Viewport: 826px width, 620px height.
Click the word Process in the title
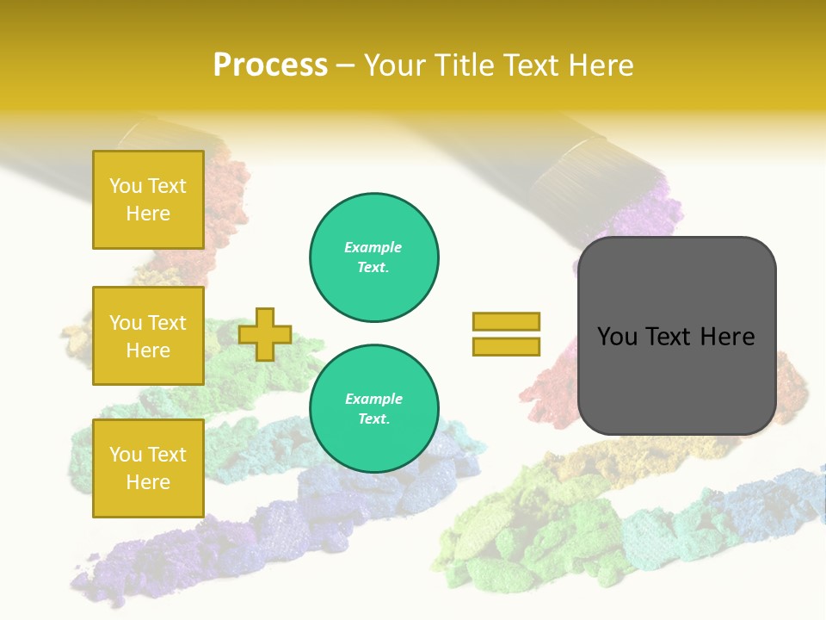pyautogui.click(x=270, y=65)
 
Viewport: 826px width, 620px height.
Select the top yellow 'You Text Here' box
pyautogui.click(x=148, y=200)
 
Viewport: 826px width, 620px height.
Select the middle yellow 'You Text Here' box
pyautogui.click(x=148, y=336)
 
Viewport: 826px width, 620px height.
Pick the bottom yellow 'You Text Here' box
pyautogui.click(x=148, y=468)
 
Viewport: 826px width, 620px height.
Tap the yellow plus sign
pyautogui.click(x=265, y=334)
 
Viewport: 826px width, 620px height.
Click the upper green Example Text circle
pyautogui.click(x=374, y=257)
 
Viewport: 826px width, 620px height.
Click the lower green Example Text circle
pyautogui.click(x=374, y=409)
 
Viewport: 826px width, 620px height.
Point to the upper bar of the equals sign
pyautogui.click(x=506, y=321)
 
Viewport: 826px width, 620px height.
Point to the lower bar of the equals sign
pyautogui.click(x=506, y=346)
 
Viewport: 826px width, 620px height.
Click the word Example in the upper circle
pyautogui.click(x=373, y=247)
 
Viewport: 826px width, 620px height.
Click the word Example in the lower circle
pyautogui.click(x=373, y=399)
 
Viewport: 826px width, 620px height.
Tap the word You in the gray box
pyautogui.click(x=617, y=337)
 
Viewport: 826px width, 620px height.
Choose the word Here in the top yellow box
pyautogui.click(x=148, y=214)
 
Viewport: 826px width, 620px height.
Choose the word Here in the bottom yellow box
pyautogui.click(x=148, y=482)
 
